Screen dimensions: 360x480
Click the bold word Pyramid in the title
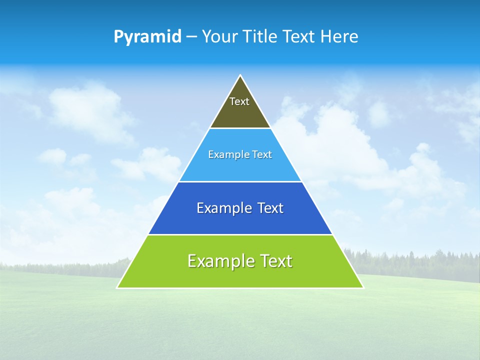point(147,37)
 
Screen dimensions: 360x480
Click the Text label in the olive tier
point(239,101)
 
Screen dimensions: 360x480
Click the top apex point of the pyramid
point(240,75)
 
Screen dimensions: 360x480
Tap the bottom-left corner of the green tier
point(117,287)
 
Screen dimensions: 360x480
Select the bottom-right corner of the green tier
point(363,287)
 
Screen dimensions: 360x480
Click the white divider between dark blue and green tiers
point(240,234)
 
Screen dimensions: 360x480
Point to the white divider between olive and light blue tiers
point(240,128)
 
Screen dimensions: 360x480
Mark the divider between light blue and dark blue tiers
point(240,181)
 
